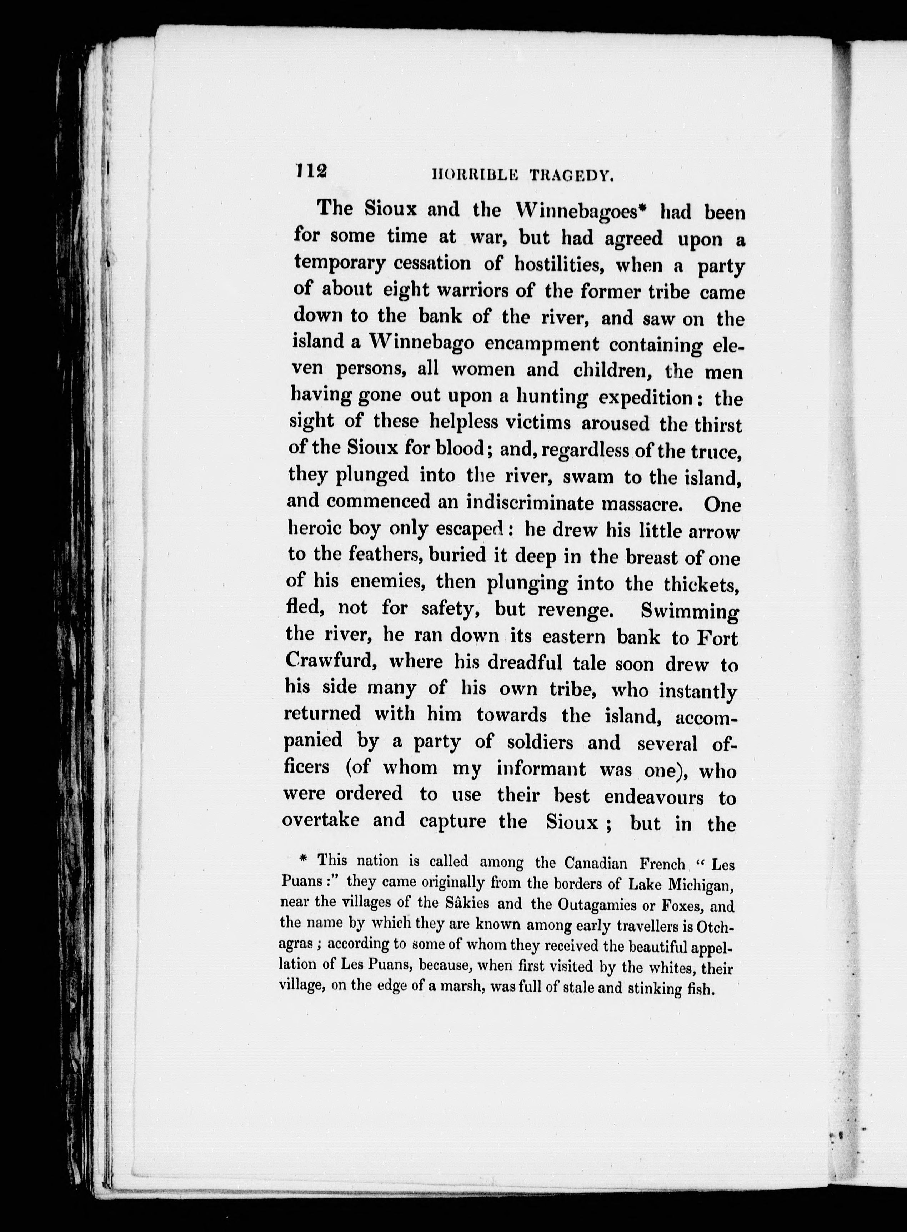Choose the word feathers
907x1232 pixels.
pos(385,555)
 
